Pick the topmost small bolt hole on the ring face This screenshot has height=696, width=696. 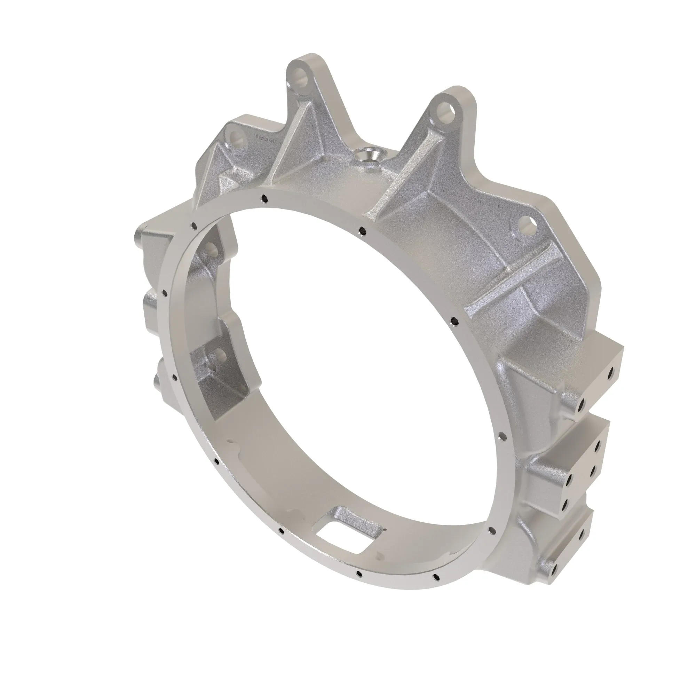click(265, 198)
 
